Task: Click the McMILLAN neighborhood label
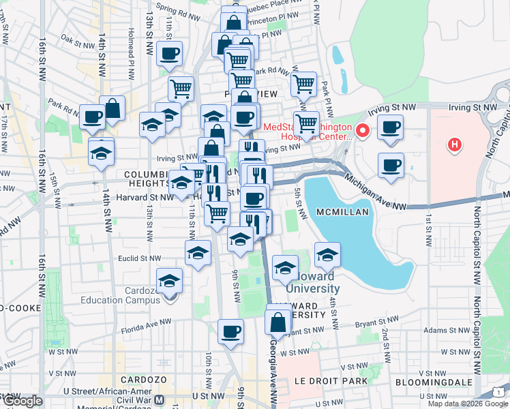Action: click(x=343, y=213)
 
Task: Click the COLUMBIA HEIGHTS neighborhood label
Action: click(x=147, y=179)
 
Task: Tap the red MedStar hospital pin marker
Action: click(x=363, y=130)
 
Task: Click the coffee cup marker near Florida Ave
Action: click(x=230, y=332)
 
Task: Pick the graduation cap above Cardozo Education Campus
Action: click(x=169, y=281)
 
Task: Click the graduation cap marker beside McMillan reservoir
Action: click(x=327, y=255)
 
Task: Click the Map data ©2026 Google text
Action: click(x=466, y=404)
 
